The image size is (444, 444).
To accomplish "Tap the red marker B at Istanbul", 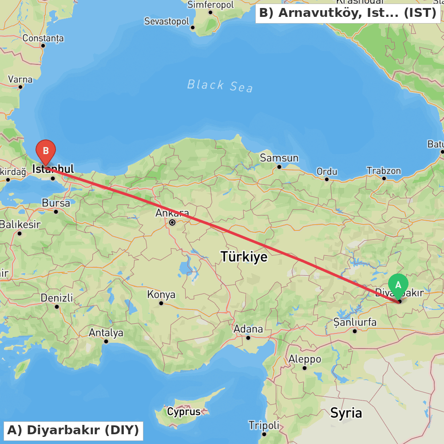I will [x=45, y=151].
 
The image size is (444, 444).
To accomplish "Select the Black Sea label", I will [x=220, y=85].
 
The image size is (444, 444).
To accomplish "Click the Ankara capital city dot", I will [x=172, y=222].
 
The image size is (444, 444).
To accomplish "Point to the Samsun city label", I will [x=279, y=158].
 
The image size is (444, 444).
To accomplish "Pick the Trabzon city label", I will [x=384, y=171].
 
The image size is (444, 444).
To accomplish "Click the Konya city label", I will [x=161, y=294].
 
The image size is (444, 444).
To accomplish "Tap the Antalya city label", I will [x=106, y=333].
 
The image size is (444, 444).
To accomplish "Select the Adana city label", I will [x=249, y=329].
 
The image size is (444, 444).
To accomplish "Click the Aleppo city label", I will [x=305, y=359].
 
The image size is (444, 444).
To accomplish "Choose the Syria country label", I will [x=346, y=413].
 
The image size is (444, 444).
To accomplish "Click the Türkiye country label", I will [x=244, y=257].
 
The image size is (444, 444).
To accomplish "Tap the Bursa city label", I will [x=56, y=203].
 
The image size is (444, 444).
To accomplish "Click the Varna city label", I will [x=20, y=79].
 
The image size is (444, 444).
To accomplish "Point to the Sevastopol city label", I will [x=166, y=21].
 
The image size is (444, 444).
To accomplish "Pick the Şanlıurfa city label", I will [x=355, y=322].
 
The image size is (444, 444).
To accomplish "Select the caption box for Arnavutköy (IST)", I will [x=348, y=13].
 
